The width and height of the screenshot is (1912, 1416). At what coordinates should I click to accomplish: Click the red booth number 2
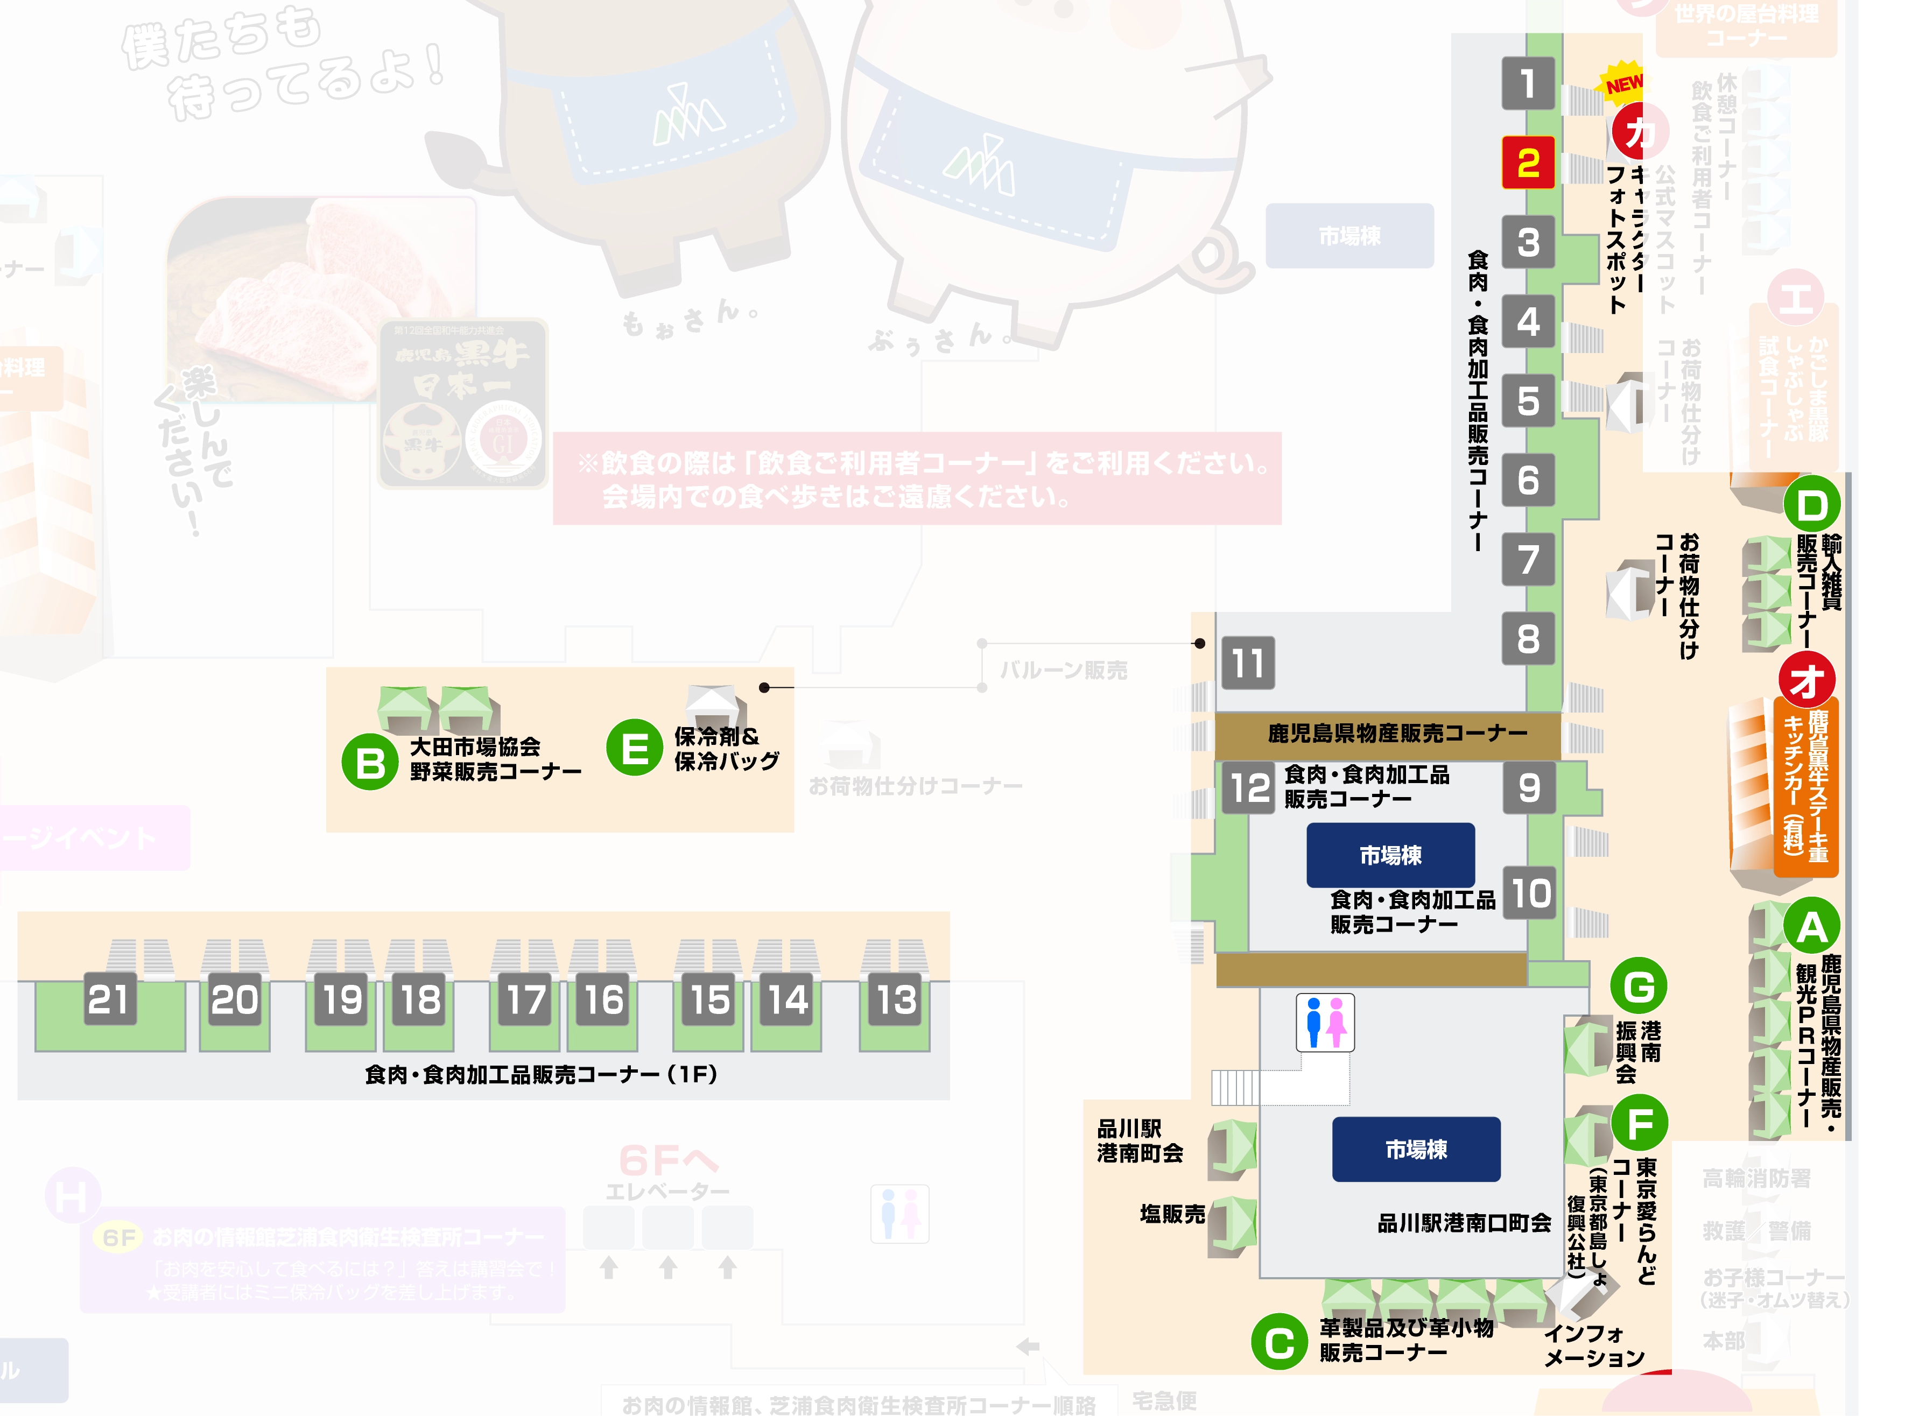[1527, 163]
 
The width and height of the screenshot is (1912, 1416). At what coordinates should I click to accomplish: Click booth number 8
[1527, 638]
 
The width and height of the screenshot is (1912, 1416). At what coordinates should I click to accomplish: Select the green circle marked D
[1811, 505]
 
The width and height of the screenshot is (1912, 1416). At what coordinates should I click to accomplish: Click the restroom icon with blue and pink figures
[1325, 1022]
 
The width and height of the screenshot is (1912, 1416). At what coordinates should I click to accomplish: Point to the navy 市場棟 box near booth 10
[1390, 855]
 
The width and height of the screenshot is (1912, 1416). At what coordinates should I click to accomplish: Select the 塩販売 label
[1171, 1214]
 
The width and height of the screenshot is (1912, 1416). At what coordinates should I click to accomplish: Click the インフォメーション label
[1593, 1345]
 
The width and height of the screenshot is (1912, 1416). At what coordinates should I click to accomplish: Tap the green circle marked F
[1639, 1123]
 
